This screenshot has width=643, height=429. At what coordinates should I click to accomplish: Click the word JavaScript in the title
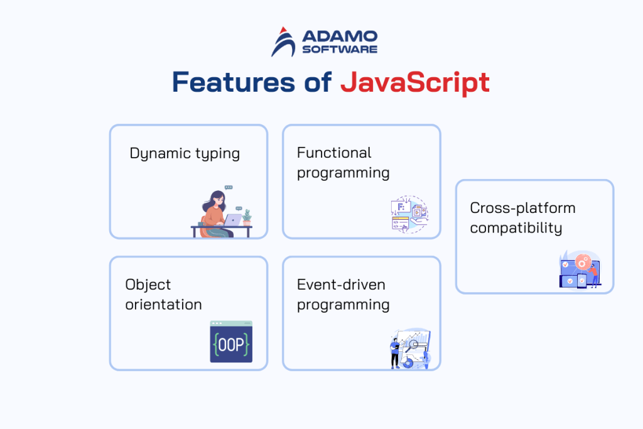[414, 84]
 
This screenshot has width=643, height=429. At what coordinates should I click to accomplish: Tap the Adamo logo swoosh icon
[284, 42]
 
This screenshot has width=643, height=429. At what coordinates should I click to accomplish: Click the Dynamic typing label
[185, 153]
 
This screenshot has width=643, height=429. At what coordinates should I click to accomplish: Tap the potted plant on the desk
[247, 217]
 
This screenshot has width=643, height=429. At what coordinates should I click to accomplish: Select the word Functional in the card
[334, 153]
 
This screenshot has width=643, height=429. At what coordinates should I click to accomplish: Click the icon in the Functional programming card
[409, 214]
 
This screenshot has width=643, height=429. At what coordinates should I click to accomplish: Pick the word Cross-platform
[522, 208]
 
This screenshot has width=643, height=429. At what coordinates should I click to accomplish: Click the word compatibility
[516, 227]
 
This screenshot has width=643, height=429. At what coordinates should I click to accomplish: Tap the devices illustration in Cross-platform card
[580, 270]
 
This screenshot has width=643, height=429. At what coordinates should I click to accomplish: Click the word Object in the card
[148, 285]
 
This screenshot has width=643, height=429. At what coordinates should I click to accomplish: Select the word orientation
[163, 305]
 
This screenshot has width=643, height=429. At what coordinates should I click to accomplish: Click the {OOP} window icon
[230, 342]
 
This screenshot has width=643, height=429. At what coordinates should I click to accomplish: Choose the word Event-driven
[341, 285]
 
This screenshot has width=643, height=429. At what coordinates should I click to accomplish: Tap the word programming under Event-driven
[343, 305]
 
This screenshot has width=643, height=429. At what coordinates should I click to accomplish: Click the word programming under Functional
[343, 173]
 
